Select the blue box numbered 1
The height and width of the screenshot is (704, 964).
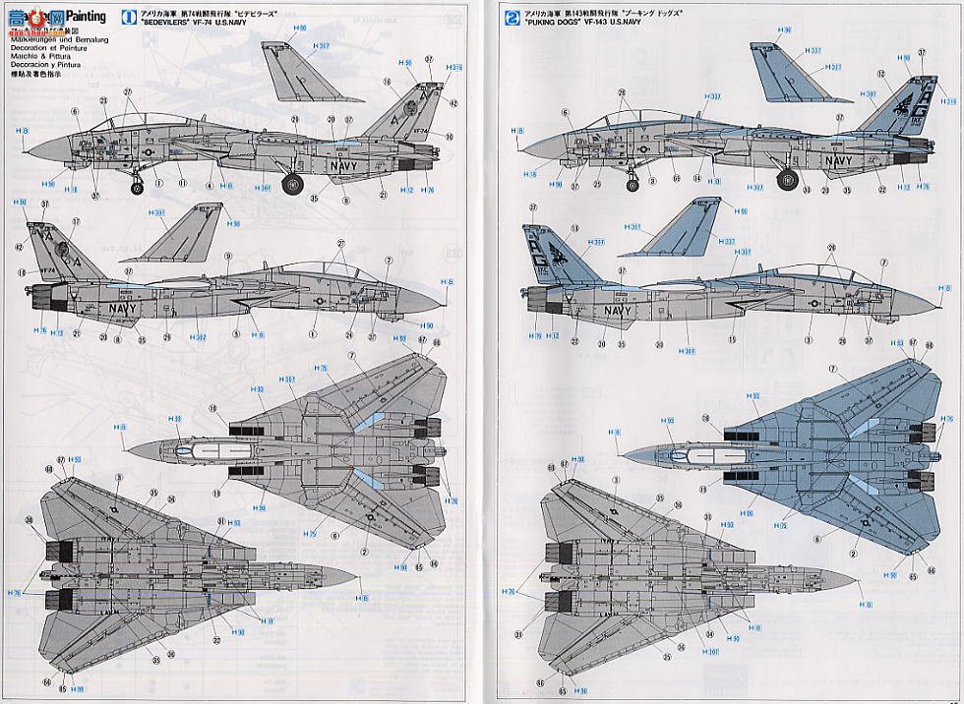coord(128,16)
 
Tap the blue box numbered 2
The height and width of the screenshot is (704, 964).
coord(510,16)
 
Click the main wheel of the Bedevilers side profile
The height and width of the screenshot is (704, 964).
coord(293,182)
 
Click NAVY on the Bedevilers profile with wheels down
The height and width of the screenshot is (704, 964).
coord(342,166)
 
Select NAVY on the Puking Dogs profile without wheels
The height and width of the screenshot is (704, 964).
coord(619,311)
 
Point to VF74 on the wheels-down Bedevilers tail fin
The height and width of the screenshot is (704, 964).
coord(420,130)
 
